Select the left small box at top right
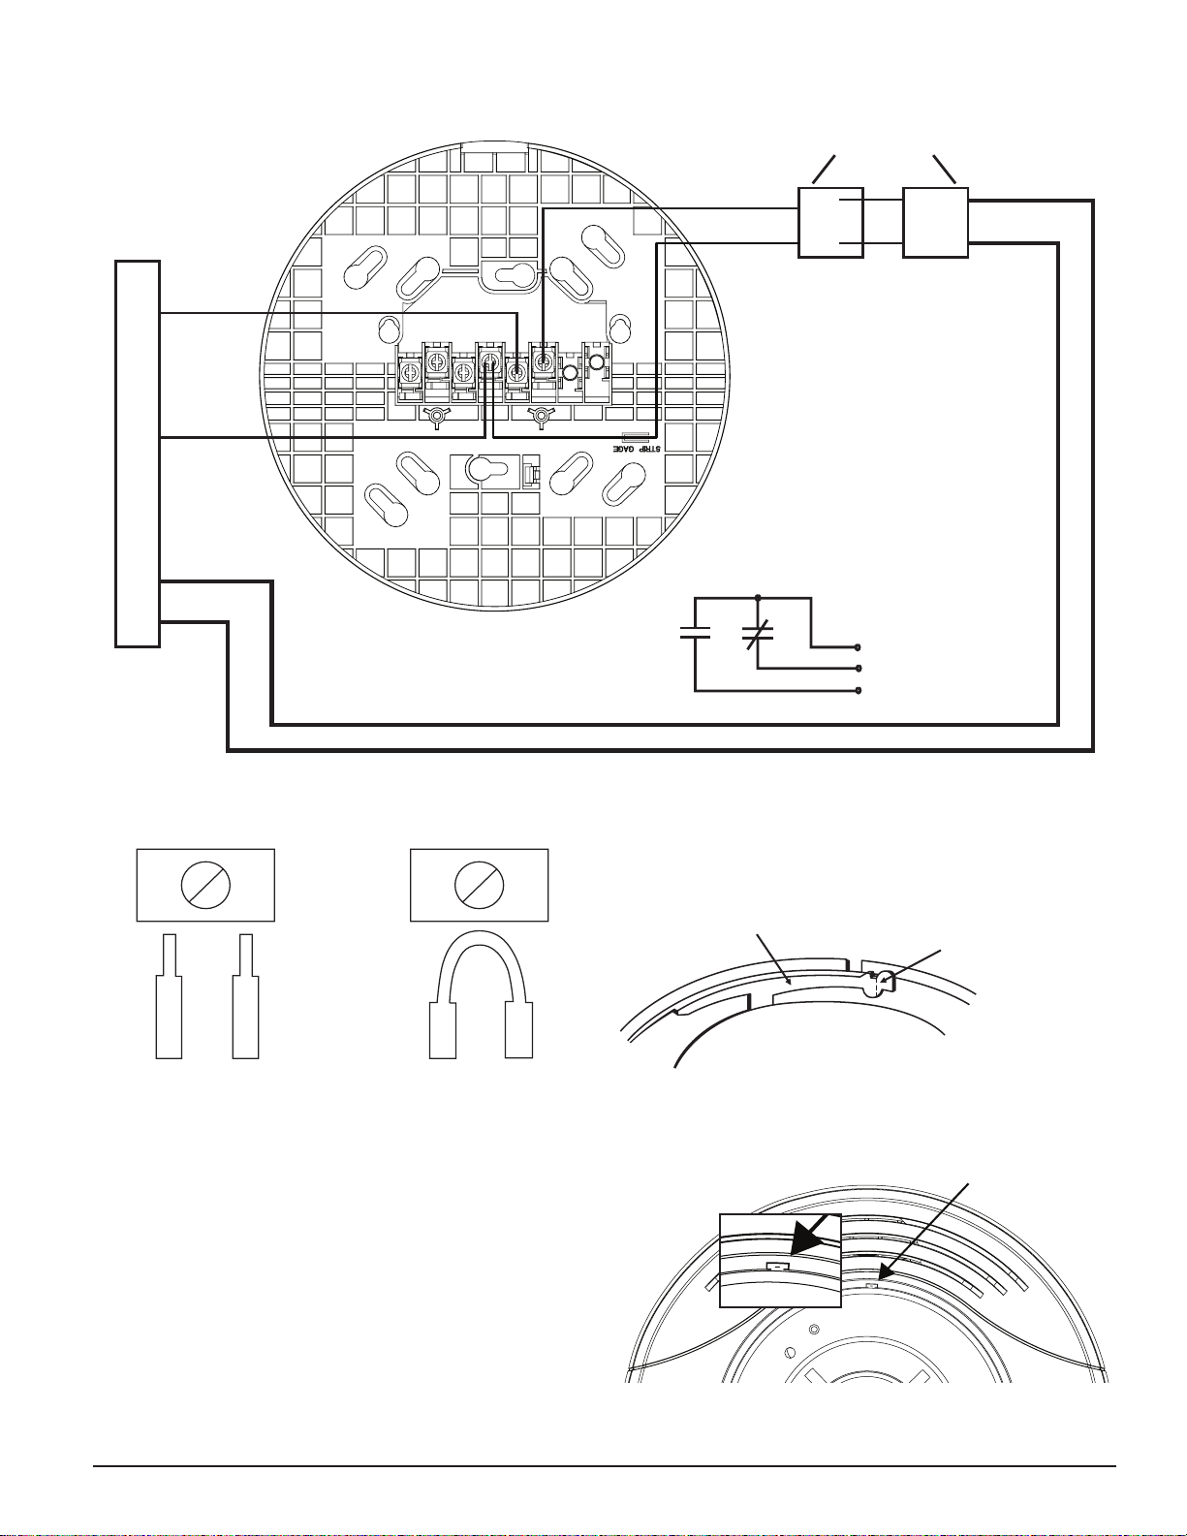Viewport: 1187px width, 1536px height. tap(830, 223)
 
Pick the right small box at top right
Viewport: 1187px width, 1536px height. tap(935, 223)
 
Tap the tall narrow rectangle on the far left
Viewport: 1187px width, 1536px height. tap(138, 453)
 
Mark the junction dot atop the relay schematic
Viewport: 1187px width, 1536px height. tap(758, 597)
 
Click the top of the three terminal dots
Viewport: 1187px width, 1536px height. tap(859, 646)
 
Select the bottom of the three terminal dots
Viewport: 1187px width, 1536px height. tap(859, 691)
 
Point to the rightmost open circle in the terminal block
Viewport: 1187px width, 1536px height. tap(597, 363)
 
